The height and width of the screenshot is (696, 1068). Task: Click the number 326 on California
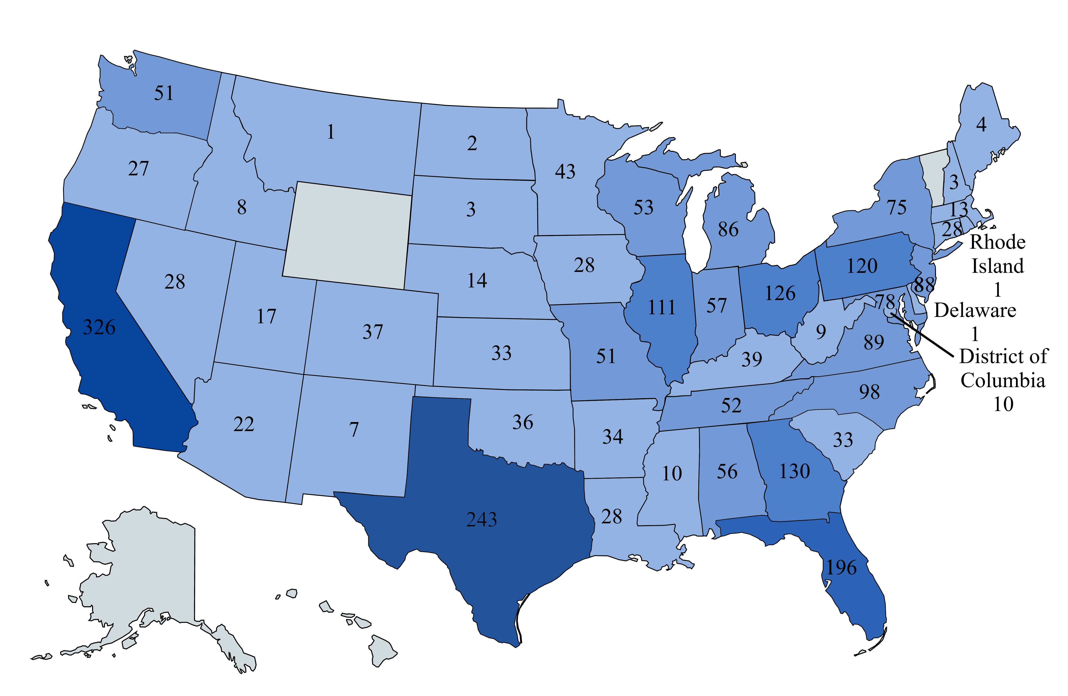[x=99, y=327]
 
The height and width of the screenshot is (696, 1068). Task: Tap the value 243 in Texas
[x=481, y=520]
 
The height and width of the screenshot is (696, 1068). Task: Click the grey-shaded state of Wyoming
[x=348, y=236]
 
